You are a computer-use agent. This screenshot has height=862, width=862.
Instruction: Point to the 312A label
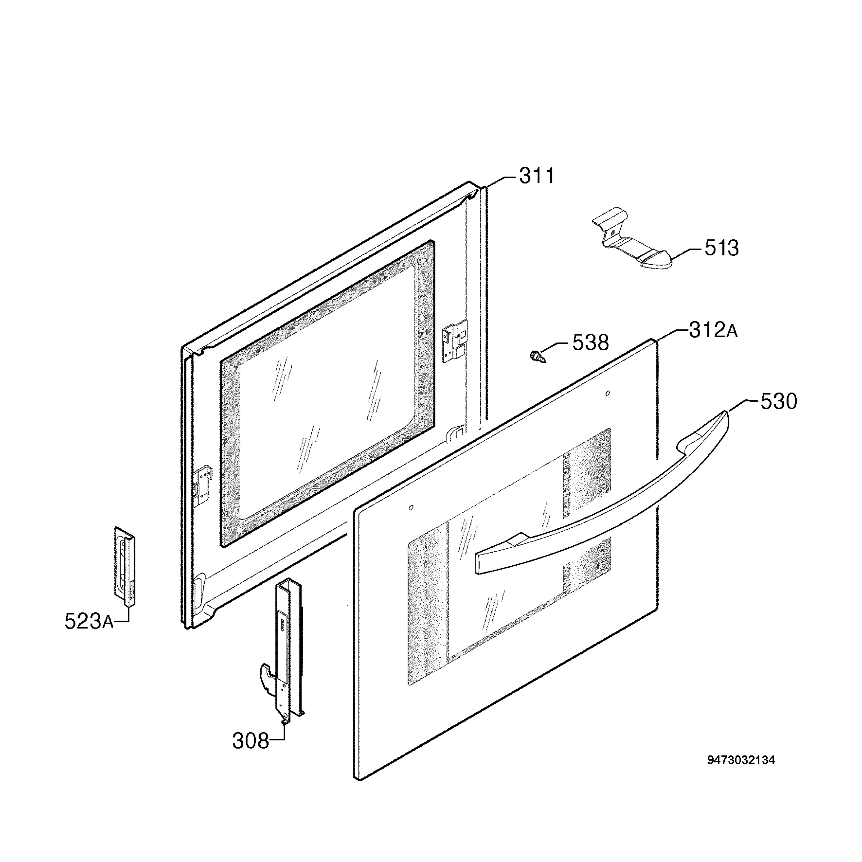pyautogui.click(x=713, y=331)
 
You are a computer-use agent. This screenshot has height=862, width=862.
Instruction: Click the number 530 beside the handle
pyautogui.click(x=779, y=402)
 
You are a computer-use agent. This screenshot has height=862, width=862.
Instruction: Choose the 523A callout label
pyautogui.click(x=89, y=621)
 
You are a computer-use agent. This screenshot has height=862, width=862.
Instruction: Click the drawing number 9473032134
pyautogui.click(x=741, y=760)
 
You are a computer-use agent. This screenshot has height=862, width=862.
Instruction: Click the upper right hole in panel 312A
pyautogui.click(x=607, y=393)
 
